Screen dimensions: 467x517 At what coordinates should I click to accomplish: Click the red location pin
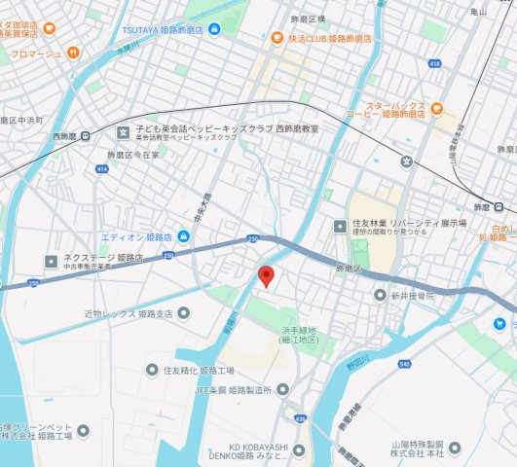click(x=266, y=276)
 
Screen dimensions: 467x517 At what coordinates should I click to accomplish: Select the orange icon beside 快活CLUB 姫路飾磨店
click(x=277, y=39)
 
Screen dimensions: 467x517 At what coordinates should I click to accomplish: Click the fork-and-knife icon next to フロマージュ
click(x=71, y=53)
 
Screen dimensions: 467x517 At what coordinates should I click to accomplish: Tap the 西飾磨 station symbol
click(x=87, y=137)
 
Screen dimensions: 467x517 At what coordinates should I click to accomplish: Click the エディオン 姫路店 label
click(x=136, y=237)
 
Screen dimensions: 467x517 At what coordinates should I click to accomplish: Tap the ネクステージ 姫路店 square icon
click(x=52, y=261)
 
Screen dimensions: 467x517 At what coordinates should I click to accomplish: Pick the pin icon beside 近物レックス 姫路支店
click(x=183, y=312)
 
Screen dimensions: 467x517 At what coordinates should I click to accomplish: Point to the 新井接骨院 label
click(x=414, y=295)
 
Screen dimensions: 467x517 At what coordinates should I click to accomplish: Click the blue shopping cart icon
click(x=499, y=323)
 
